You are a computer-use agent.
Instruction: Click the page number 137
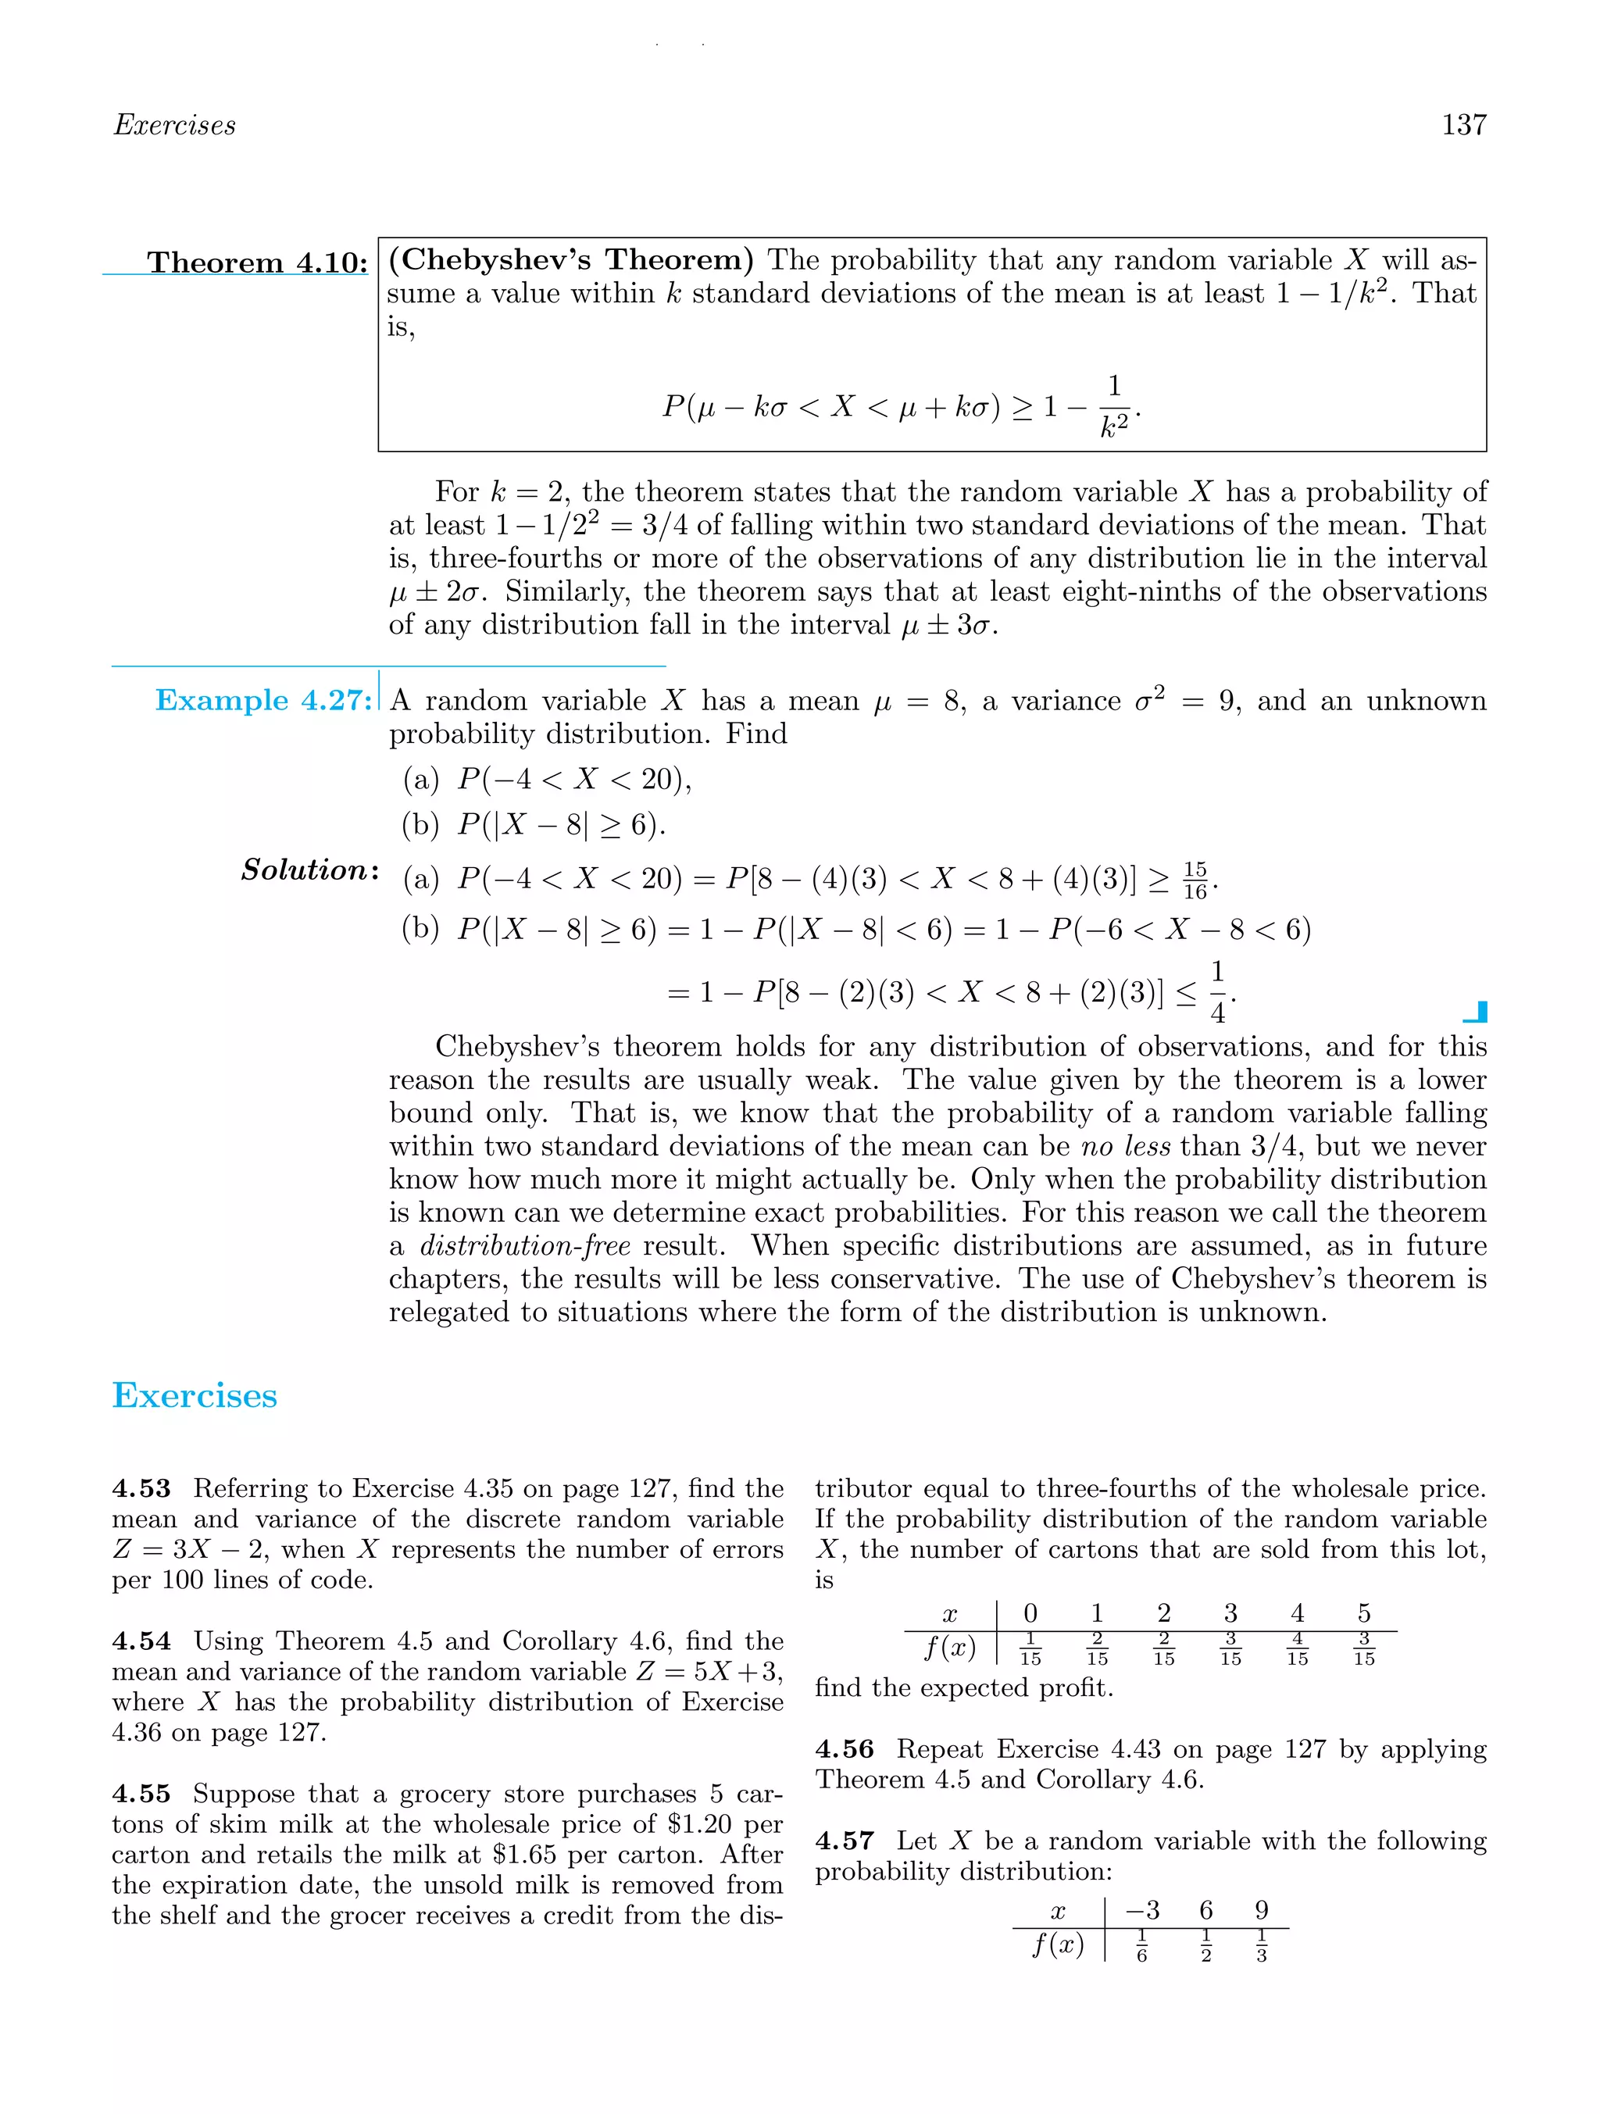(1462, 125)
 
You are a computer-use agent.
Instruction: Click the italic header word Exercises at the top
(174, 125)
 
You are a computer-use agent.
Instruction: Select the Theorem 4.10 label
(256, 262)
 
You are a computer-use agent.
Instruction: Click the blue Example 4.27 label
(262, 701)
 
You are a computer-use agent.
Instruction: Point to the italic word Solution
(309, 870)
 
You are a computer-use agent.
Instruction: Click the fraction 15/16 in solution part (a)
(1195, 880)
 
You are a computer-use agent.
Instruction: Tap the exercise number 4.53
(141, 1489)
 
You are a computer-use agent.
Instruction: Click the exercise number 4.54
(141, 1641)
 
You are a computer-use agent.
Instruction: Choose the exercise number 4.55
(141, 1794)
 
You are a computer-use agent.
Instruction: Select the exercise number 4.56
(844, 1749)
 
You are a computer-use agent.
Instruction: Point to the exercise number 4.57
(844, 1841)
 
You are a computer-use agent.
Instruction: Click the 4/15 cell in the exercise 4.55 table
(1296, 1649)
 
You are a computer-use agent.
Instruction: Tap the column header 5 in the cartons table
(1363, 1613)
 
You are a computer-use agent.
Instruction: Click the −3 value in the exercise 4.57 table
(1142, 1910)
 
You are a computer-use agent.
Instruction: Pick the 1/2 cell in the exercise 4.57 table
(1205, 1946)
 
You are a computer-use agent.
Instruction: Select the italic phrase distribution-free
(525, 1246)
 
